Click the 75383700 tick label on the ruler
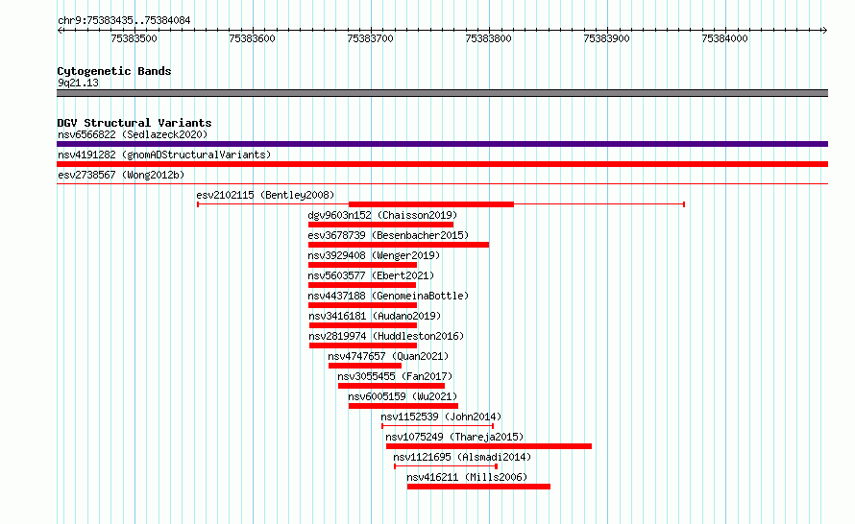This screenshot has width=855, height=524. point(370,38)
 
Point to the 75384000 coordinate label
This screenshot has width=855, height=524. point(724,38)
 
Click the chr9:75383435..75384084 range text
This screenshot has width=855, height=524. point(124,21)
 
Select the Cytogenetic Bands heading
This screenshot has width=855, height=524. point(114,71)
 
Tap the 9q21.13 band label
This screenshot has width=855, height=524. point(79,83)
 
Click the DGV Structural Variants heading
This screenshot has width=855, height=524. point(134,123)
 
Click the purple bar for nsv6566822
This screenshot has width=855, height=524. point(442,144)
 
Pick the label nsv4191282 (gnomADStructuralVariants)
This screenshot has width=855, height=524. point(164,155)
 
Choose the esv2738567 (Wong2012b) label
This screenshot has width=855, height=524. point(121,175)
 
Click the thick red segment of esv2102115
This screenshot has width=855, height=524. point(430,204)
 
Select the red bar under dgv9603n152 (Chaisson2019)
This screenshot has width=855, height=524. point(380,225)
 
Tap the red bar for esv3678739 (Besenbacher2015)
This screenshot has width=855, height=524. point(399,245)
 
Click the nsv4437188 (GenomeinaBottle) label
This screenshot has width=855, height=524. point(388,296)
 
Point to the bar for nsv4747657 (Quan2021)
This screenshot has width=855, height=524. point(365,366)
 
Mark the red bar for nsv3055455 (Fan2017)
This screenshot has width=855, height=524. point(391,386)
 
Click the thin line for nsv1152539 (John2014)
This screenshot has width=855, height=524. point(437,426)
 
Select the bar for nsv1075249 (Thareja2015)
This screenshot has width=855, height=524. point(489,446)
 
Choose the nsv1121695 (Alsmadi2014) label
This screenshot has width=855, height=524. point(462,457)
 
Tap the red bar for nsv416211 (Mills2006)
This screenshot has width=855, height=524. point(478,487)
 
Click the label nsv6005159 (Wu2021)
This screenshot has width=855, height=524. point(403,396)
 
